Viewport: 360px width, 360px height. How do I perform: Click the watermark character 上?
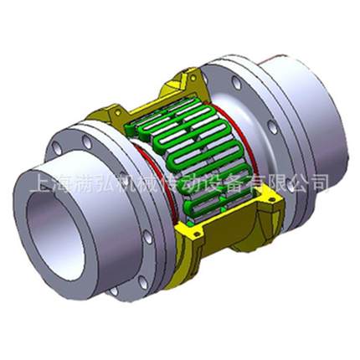(38, 182)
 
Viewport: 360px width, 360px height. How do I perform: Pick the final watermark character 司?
(320, 182)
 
